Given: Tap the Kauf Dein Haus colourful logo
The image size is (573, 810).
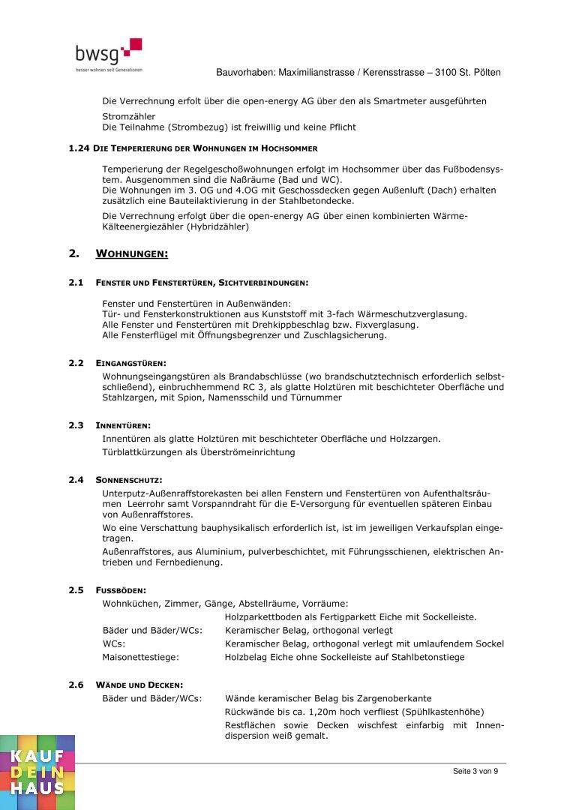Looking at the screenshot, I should [x=37, y=772].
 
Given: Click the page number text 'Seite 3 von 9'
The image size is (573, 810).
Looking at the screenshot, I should [x=475, y=771].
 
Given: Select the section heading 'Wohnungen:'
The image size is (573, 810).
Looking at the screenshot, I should [x=132, y=254].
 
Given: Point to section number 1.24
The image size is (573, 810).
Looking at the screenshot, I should [x=79, y=148].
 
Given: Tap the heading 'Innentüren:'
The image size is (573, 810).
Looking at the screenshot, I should [x=123, y=425].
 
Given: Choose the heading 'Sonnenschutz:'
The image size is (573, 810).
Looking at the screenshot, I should [x=128, y=479].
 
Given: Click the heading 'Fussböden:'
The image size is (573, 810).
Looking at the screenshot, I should [x=121, y=590].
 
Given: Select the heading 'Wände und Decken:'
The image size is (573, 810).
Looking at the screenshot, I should [x=139, y=685].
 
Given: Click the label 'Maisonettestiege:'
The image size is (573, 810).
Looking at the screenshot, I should [x=140, y=657].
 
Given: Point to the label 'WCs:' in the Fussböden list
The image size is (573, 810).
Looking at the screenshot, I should [x=113, y=643].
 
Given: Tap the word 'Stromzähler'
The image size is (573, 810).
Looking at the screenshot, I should [x=129, y=116].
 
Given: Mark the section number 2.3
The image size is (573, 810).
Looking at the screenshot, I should [x=76, y=425].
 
